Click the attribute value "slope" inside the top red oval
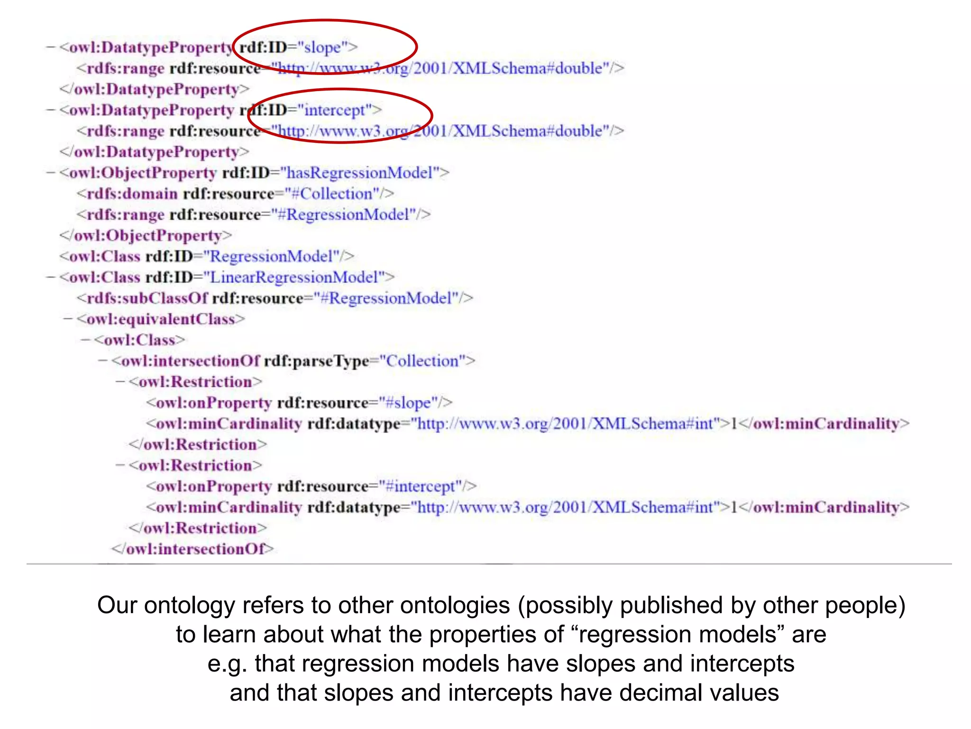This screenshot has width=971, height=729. point(322,47)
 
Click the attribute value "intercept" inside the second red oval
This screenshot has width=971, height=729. point(334,110)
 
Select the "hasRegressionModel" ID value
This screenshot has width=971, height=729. point(360,173)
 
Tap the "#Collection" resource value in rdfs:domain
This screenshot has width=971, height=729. point(336,194)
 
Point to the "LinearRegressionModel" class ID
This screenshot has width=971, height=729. point(294,277)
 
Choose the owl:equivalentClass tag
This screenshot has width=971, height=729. point(161,319)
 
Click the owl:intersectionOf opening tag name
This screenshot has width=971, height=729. point(190,361)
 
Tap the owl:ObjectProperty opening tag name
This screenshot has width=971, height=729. point(143,173)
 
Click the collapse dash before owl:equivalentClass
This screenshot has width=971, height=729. point(68,318)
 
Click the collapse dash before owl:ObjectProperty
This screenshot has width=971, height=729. point(50,172)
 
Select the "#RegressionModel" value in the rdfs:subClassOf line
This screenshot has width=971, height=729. point(387,298)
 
